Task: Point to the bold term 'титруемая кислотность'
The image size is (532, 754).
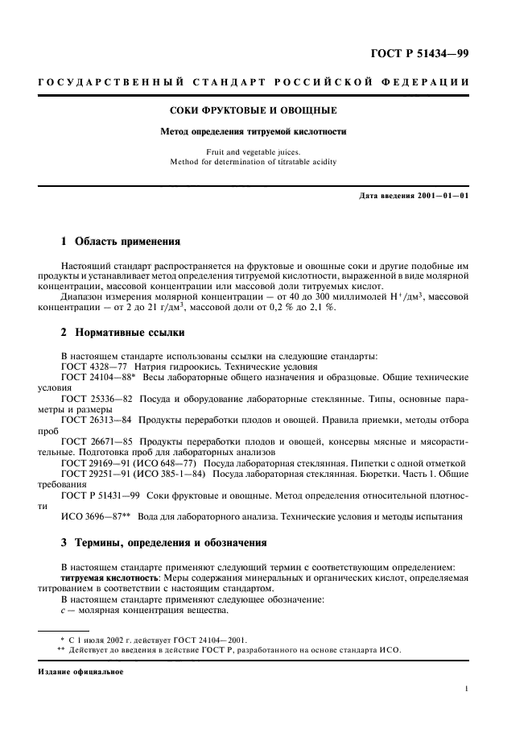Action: pos(109,578)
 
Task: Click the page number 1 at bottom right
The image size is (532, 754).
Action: pos(467,688)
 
